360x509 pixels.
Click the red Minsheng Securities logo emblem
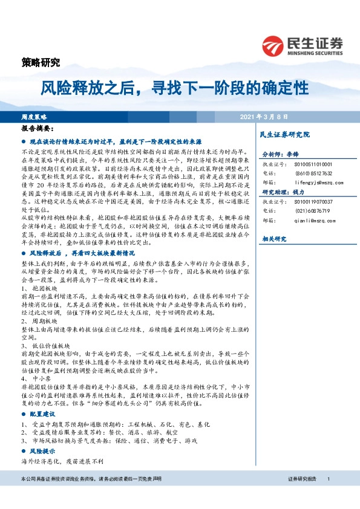[x=272, y=46]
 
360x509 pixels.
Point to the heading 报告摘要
[x=38, y=129]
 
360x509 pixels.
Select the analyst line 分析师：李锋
[x=280, y=155]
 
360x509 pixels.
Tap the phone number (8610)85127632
[x=305, y=172]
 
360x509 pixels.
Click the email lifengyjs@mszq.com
[x=309, y=181]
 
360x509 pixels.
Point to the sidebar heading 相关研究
[x=272, y=239]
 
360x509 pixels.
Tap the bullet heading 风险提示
[x=42, y=452]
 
